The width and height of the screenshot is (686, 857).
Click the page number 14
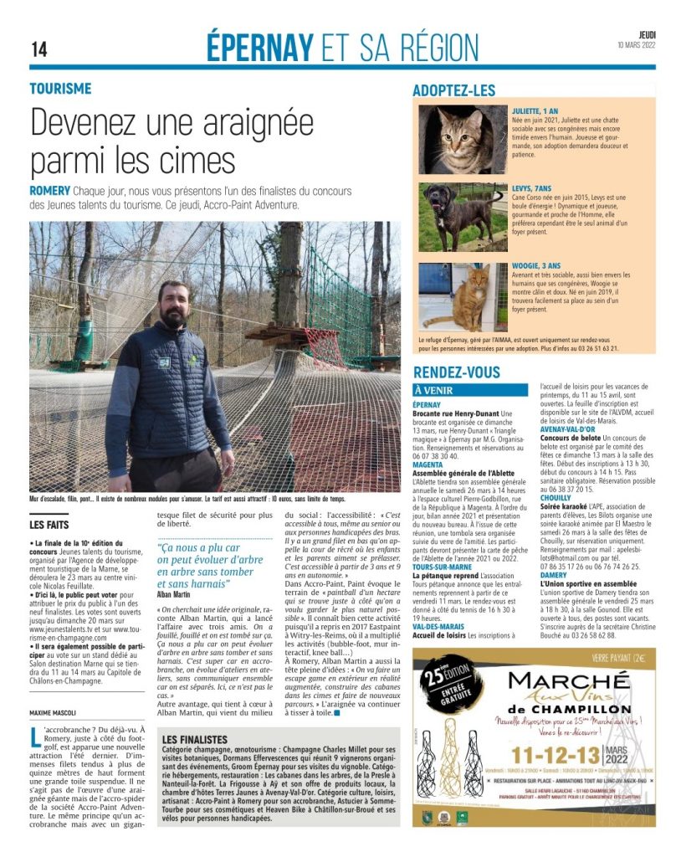pyautogui.click(x=39, y=49)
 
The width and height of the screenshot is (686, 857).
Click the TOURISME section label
pyautogui.click(x=60, y=89)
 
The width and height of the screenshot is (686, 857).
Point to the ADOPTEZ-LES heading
pyautogui.click(x=454, y=90)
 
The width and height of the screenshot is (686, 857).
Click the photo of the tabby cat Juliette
pyautogui.click(x=463, y=138)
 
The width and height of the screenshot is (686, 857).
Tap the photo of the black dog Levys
pyautogui.click(x=463, y=215)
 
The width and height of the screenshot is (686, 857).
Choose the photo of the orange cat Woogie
pyautogui.click(x=463, y=297)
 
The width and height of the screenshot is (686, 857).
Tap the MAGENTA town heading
pyautogui.click(x=427, y=464)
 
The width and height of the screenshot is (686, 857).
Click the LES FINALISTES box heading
pyautogui.click(x=194, y=740)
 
